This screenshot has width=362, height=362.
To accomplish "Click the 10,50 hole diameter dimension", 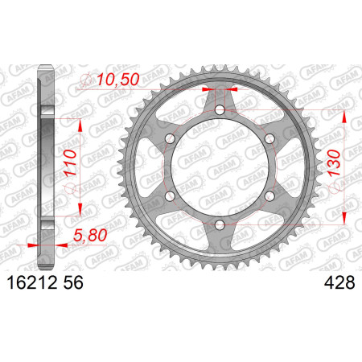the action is (x=118, y=80).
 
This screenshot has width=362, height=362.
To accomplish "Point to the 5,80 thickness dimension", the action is (x=90, y=236).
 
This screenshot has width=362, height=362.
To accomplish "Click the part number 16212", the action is (x=32, y=282).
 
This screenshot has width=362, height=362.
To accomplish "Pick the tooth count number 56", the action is (x=73, y=282).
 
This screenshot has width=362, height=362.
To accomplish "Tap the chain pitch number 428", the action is (x=339, y=282).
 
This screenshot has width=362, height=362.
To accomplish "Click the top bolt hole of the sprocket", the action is (x=220, y=109).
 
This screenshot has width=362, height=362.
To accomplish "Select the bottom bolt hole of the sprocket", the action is (x=220, y=224).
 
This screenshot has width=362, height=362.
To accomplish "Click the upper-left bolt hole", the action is (x=170, y=138).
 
